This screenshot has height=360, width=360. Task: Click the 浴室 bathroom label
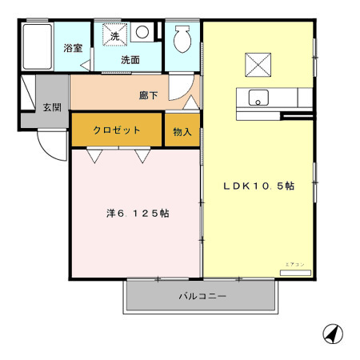[x=73, y=48]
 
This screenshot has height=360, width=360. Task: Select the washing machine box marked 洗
[x=114, y=36]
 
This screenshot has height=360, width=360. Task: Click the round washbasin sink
[x=142, y=33]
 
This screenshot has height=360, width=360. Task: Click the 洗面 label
[x=130, y=59]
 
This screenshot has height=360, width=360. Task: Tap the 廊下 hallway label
[x=148, y=94]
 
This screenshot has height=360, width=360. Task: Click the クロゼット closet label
[x=117, y=130]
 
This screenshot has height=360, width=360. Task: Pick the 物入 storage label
[x=182, y=130]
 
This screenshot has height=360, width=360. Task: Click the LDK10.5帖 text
[x=258, y=186]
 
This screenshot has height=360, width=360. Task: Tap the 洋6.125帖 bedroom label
[x=138, y=214]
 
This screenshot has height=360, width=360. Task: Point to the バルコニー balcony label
[x=201, y=296]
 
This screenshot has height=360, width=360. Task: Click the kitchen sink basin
[x=258, y=98]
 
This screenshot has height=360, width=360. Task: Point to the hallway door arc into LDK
[x=190, y=98]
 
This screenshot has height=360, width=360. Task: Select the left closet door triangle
[x=95, y=156]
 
